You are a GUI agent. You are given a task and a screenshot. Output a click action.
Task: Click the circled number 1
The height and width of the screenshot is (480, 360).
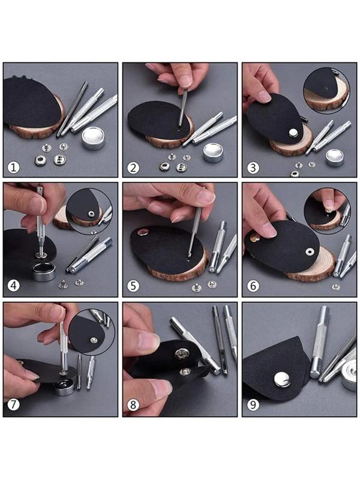click(13, 168)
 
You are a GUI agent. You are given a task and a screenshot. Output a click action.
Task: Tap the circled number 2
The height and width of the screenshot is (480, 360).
click(133, 168)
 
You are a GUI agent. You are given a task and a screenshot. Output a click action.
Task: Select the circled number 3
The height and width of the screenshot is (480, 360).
click(253, 168)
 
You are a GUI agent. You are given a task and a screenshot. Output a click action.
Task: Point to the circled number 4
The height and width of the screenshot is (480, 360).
click(13, 286)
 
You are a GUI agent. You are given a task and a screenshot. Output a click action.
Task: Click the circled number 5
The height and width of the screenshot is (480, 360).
click(133, 286)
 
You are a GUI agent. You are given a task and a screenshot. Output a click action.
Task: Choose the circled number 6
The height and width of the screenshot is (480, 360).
click(253, 286)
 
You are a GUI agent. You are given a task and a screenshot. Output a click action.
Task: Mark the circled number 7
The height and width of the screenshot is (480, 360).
click(13, 404)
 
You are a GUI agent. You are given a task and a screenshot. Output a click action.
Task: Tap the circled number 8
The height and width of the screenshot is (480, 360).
click(133, 404)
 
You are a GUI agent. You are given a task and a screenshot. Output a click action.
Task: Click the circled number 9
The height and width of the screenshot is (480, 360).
click(253, 404)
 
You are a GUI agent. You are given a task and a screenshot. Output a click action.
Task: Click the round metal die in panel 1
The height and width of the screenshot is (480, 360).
click(94, 137)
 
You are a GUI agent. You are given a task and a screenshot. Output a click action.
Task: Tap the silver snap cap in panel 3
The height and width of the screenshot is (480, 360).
click(293, 133)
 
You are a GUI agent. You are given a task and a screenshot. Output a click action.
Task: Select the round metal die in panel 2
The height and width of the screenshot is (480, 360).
click(213, 152)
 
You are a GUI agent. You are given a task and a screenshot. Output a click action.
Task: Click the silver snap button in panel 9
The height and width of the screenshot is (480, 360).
click(282, 379)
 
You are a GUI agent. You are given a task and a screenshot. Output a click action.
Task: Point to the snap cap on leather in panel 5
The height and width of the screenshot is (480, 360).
click(142, 232)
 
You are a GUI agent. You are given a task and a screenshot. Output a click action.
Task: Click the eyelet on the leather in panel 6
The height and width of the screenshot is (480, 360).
click(310, 251)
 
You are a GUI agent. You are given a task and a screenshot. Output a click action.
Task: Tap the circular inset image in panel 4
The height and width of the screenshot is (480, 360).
click(89, 212)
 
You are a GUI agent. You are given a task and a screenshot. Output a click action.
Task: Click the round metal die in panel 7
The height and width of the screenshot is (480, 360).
click(64, 387)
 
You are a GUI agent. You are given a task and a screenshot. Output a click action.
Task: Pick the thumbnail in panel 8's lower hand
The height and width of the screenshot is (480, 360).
click(161, 387)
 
